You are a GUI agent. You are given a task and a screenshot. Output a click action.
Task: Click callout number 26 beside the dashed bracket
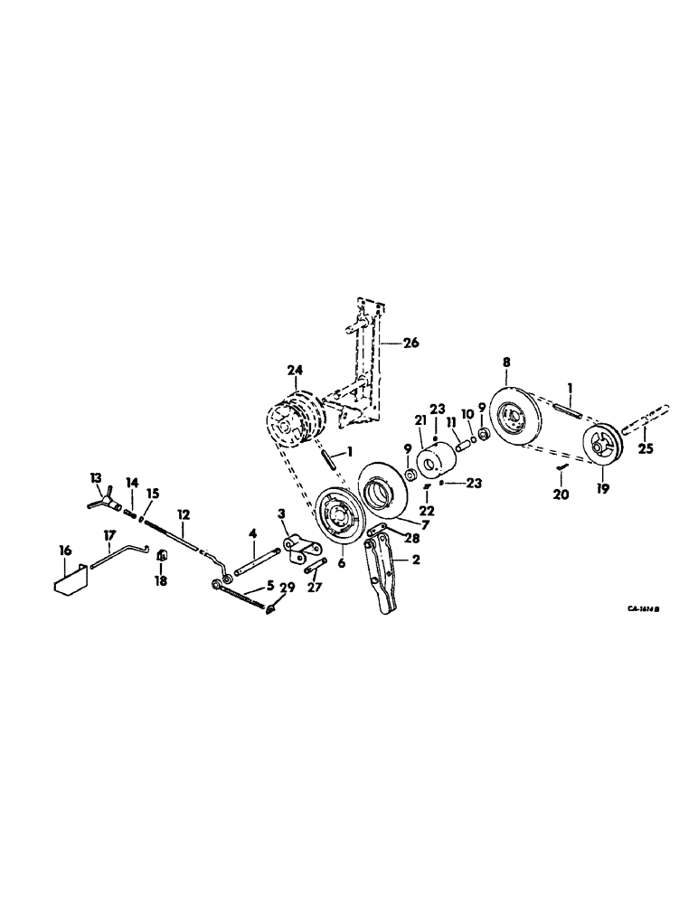tap(412, 343)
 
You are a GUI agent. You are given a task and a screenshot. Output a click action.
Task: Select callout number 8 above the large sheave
tap(506, 362)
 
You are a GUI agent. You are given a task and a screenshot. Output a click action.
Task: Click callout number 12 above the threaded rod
tap(184, 513)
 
